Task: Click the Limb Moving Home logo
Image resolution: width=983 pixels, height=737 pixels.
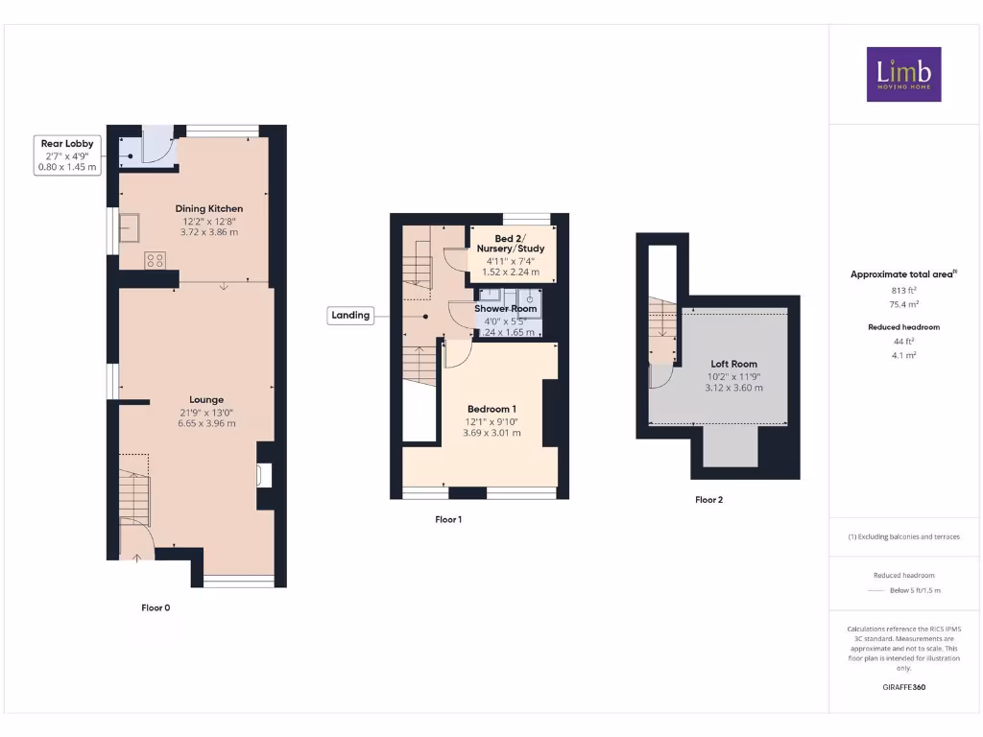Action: tap(903, 74)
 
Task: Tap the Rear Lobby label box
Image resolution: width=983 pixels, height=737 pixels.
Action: tap(66, 155)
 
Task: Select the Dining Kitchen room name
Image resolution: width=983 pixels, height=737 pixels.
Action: tap(208, 208)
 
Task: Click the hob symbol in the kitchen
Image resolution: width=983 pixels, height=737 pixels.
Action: tap(155, 259)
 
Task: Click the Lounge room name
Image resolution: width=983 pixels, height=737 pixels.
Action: tap(206, 400)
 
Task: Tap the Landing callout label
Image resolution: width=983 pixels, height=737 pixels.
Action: tap(350, 315)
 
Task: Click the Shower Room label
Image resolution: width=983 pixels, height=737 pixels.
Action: tap(505, 309)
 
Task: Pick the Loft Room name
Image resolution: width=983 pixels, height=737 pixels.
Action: tap(733, 365)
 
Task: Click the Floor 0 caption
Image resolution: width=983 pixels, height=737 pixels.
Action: tap(156, 607)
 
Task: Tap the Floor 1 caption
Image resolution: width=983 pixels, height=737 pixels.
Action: tap(448, 519)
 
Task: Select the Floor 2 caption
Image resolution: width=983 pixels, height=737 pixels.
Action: tap(709, 499)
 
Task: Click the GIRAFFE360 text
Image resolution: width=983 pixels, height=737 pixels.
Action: tap(902, 687)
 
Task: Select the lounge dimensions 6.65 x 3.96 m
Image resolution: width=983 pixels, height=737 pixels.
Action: tap(206, 423)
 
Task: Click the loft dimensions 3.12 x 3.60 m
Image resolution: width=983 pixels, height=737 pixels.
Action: tap(733, 388)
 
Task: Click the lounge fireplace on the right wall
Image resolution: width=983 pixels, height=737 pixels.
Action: tap(264, 475)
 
